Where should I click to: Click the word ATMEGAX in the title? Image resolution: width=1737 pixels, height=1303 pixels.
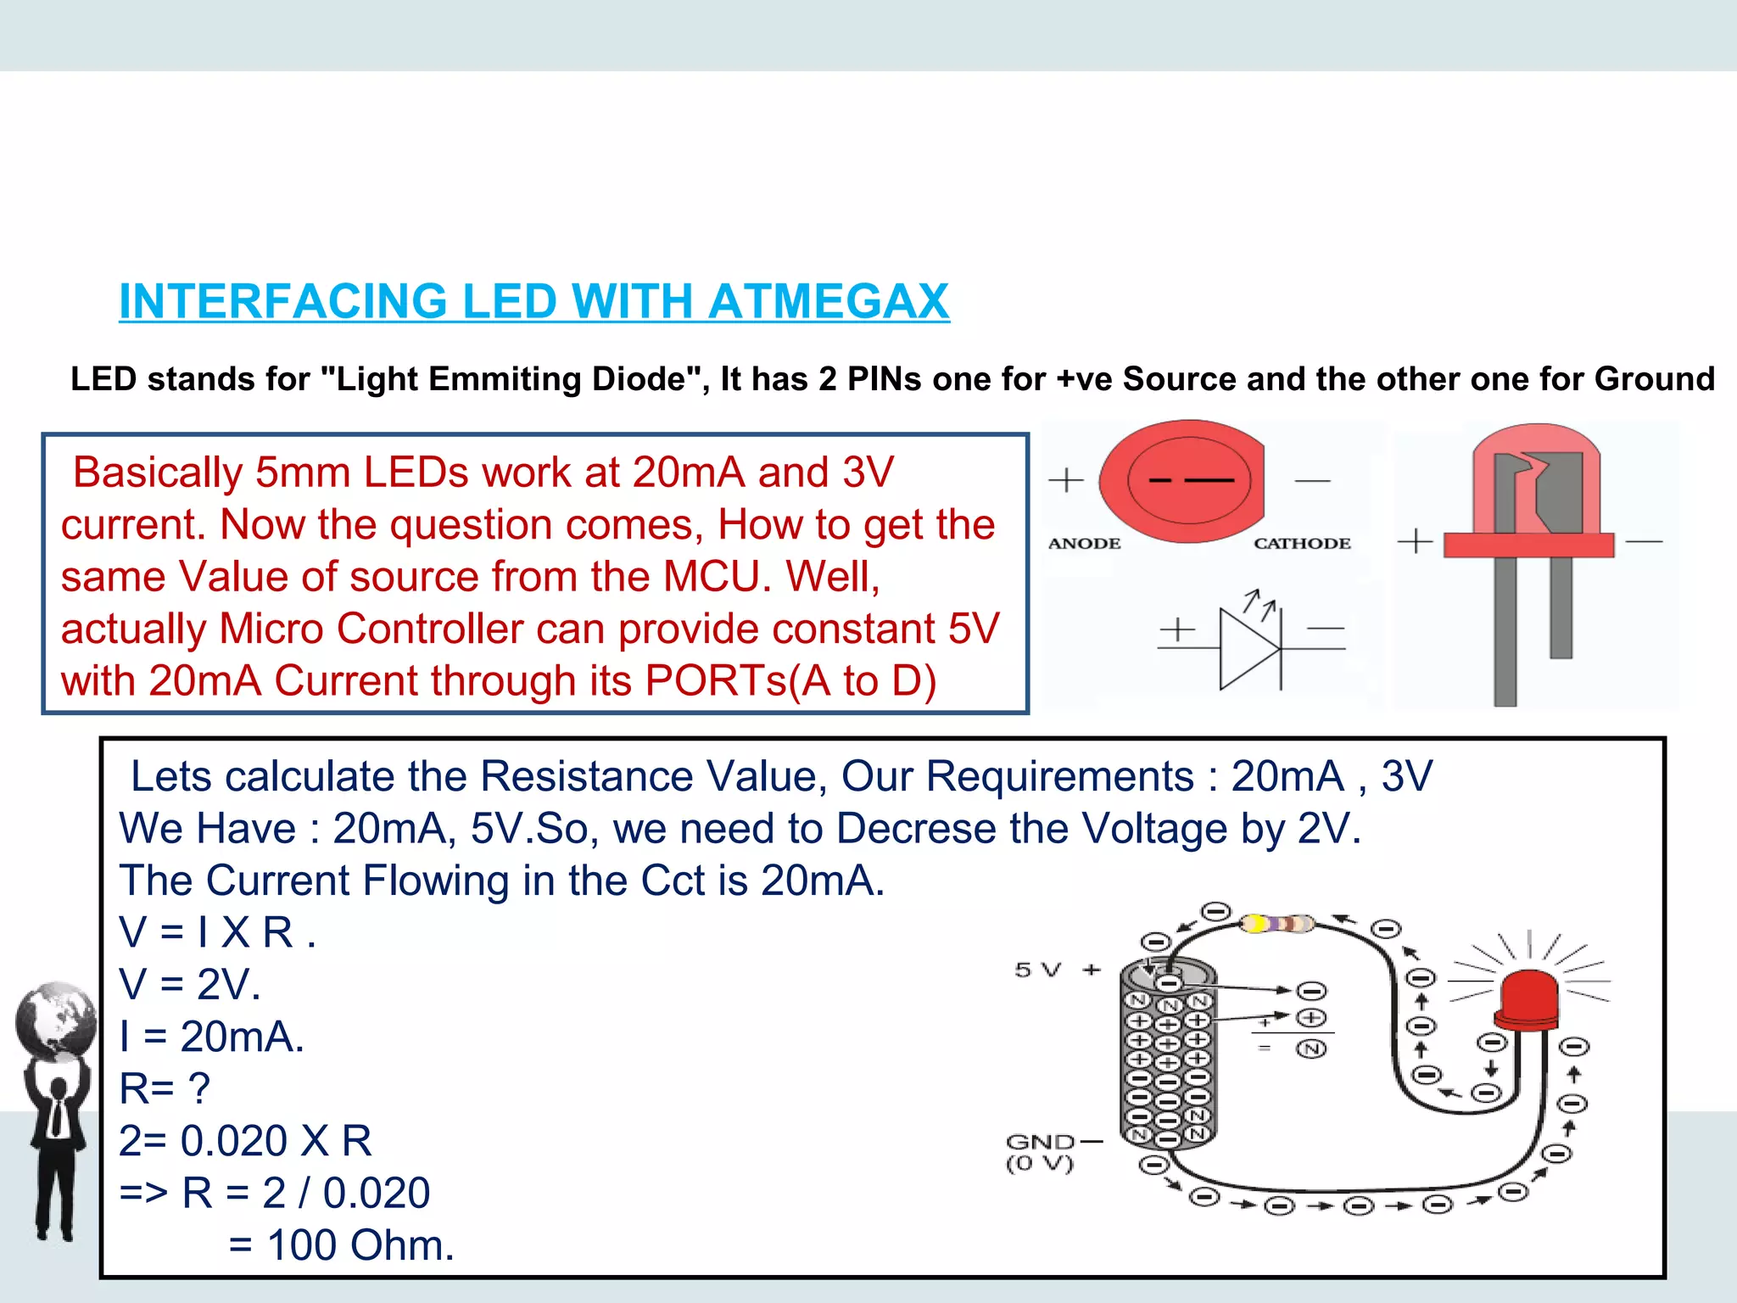(x=828, y=302)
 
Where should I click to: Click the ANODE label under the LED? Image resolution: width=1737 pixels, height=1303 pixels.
(x=1084, y=543)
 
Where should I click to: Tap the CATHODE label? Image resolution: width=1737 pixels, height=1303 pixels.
(x=1302, y=543)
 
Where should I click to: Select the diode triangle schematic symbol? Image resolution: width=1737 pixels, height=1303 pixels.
(x=1248, y=649)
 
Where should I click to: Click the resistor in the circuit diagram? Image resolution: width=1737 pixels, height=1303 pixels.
(x=1276, y=924)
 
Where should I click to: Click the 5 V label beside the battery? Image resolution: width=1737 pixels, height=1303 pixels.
(x=1038, y=970)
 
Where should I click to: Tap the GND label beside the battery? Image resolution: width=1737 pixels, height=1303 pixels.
(x=1041, y=1143)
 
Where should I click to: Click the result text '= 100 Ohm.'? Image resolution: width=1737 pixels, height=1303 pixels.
(x=342, y=1245)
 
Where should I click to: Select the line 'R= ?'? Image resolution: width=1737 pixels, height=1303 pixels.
(x=165, y=1088)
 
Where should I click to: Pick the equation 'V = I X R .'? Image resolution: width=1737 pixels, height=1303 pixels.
(x=218, y=932)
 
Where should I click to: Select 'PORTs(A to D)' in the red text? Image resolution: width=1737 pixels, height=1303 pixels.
(x=790, y=681)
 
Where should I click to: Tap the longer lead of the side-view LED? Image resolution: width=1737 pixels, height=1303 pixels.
(x=1505, y=628)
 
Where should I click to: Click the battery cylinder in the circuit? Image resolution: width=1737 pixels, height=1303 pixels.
(x=1168, y=1056)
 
